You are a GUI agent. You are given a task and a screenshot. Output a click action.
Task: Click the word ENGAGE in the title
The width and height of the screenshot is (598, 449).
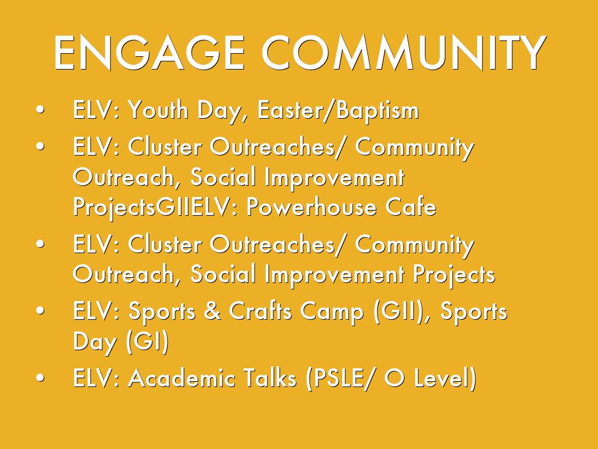149,53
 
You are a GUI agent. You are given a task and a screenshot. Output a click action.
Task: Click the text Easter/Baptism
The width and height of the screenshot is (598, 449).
338,110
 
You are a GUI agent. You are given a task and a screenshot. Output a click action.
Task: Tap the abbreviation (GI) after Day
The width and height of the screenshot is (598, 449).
147,341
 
